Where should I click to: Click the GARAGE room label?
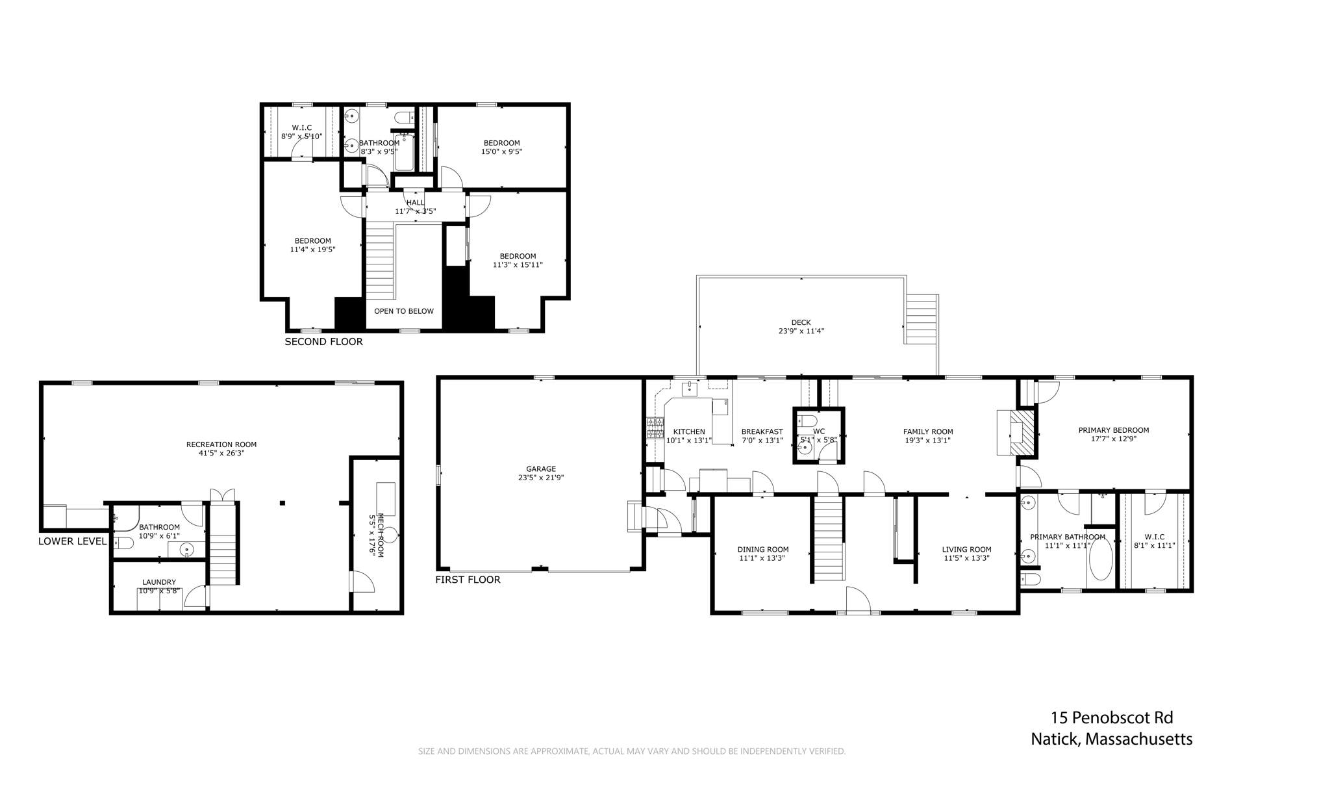(x=541, y=469)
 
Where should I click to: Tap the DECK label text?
(x=801, y=322)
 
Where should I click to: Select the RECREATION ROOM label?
(x=221, y=444)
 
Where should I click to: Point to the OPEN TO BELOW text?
(x=404, y=311)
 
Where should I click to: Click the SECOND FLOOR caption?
(x=323, y=341)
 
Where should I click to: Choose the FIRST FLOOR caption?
(x=468, y=579)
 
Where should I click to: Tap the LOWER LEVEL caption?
(x=72, y=541)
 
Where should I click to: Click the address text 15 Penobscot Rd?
(x=1112, y=717)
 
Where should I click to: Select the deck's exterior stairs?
(x=922, y=319)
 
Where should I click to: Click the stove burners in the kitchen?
(x=655, y=428)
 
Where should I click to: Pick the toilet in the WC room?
(x=807, y=420)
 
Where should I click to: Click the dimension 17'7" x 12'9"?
(x=1113, y=439)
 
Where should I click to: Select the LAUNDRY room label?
(x=159, y=582)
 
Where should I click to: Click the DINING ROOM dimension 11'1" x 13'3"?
(x=762, y=558)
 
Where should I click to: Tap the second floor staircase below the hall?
(x=380, y=260)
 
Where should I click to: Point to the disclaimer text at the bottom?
(x=632, y=751)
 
